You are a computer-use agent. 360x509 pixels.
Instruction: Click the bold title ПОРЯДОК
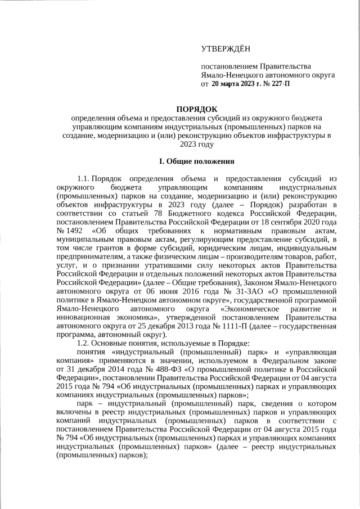click(x=196, y=109)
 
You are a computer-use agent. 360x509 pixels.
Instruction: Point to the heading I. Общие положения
click(x=196, y=161)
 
